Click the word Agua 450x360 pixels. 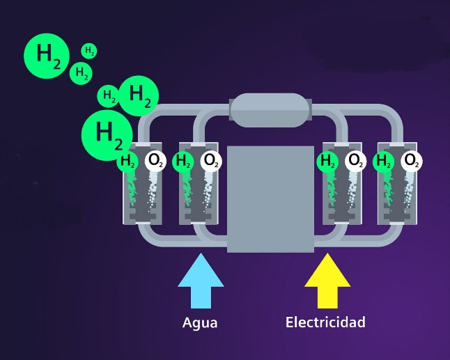(x=200, y=322)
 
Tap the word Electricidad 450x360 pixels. (x=325, y=322)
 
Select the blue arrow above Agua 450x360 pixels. (x=201, y=281)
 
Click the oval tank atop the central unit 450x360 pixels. (x=269, y=110)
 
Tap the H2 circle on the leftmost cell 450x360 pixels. (x=127, y=162)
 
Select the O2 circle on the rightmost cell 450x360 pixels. (x=412, y=162)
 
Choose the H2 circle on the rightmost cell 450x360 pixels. (x=383, y=162)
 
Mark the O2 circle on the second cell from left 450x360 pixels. (x=210, y=162)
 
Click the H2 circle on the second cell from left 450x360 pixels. (x=183, y=162)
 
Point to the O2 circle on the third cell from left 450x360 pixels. (x=355, y=162)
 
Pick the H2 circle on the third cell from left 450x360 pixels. (x=327, y=162)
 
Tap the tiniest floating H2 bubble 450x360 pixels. (x=89, y=51)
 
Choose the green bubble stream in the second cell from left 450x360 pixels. (x=186, y=191)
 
